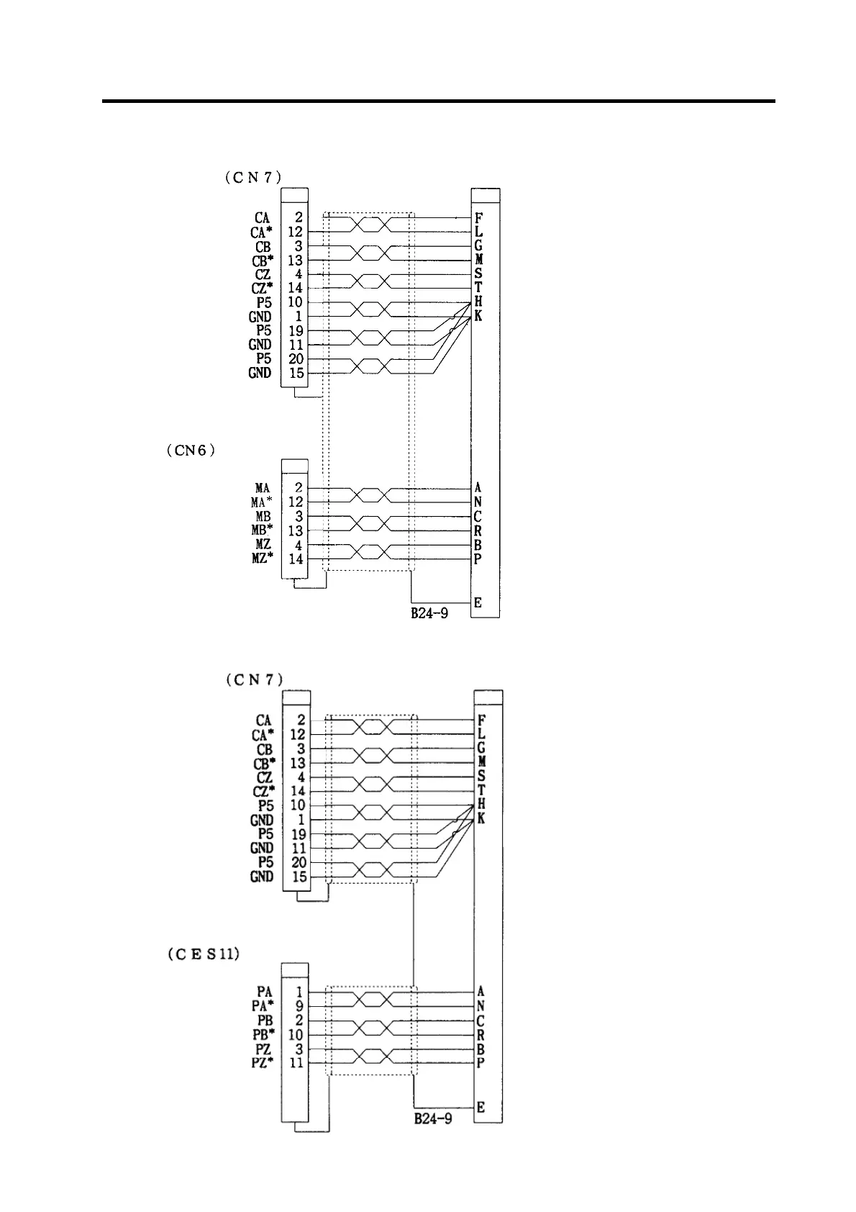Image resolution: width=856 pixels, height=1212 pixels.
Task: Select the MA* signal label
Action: pyautogui.click(x=262, y=502)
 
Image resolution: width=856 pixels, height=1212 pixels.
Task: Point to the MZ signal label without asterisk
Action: pyautogui.click(x=263, y=545)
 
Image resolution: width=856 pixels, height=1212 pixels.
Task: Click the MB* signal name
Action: pyautogui.click(x=262, y=531)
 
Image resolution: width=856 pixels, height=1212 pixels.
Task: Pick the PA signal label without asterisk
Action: pyautogui.click(x=264, y=992)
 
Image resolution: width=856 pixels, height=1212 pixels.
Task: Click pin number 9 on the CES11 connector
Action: pyautogui.click(x=299, y=1006)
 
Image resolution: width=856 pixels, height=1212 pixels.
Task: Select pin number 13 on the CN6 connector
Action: pyautogui.click(x=296, y=531)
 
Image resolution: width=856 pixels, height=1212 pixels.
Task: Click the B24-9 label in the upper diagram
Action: pyautogui.click(x=430, y=614)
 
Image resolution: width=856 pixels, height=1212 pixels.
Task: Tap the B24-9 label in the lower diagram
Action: pyautogui.click(x=433, y=1119)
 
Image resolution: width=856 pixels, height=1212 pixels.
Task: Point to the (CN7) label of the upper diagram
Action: pyautogui.click(x=252, y=177)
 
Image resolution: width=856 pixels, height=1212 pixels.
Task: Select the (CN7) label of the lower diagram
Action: pyautogui.click(x=254, y=679)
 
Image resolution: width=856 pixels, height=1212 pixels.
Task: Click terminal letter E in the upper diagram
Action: pyautogui.click(x=478, y=603)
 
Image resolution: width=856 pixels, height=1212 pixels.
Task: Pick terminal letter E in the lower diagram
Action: pyautogui.click(x=481, y=1107)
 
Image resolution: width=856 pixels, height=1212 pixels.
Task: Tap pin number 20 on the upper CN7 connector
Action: pyautogui.click(x=296, y=359)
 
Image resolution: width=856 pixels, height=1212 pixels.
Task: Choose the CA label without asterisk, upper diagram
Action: pyautogui.click(x=263, y=217)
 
